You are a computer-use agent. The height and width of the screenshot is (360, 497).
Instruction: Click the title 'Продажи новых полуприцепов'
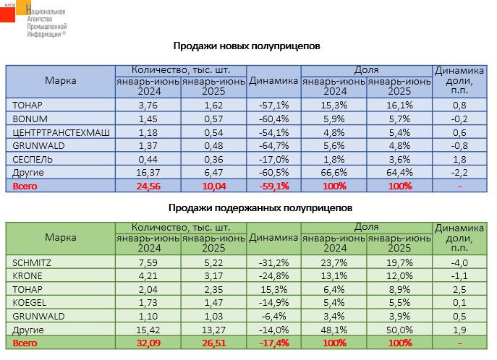(247, 46)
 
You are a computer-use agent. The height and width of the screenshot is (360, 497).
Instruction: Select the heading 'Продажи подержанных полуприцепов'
(260, 208)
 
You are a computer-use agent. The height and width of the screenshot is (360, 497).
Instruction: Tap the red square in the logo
(7, 14)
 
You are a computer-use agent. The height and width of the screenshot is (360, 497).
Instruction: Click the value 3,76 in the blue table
(148, 105)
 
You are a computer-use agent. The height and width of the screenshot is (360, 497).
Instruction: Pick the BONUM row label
(30, 119)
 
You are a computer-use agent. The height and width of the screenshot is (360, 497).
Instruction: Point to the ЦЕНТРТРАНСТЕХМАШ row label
(61, 132)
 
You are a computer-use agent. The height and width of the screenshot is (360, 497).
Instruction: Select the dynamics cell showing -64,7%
(274, 145)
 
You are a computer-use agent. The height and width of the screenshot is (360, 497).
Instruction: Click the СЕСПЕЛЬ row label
(33, 159)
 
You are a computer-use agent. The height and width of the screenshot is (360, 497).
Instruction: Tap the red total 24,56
(148, 187)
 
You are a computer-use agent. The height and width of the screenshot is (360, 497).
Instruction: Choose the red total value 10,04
(214, 187)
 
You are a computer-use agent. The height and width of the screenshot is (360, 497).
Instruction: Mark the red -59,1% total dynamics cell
(274, 187)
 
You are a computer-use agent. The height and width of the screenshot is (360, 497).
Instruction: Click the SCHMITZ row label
(32, 263)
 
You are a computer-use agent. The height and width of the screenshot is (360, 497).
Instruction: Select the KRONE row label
(27, 276)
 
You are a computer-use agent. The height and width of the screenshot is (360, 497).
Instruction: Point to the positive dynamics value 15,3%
(274, 289)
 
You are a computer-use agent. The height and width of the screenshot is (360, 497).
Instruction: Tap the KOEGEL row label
(30, 303)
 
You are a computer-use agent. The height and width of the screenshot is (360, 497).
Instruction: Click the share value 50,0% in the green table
(399, 330)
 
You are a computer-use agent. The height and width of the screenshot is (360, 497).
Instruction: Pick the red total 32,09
(148, 343)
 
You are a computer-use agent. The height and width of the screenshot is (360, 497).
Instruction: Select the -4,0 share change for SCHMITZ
(459, 263)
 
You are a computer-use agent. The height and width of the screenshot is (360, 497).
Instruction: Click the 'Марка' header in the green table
(61, 237)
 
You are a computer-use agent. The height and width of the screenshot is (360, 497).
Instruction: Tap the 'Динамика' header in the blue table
(273, 81)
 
